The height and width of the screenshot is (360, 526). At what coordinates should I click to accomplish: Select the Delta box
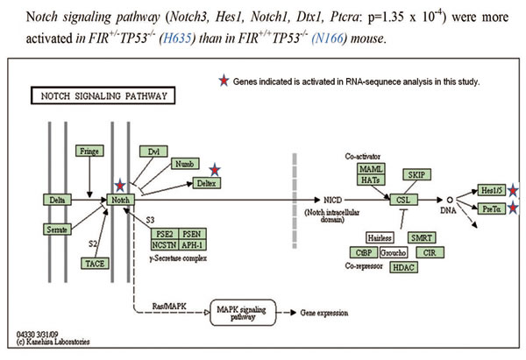(57, 200)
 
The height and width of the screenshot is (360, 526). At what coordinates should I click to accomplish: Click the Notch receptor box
(121, 200)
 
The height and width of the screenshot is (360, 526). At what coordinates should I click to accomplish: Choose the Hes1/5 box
(491, 188)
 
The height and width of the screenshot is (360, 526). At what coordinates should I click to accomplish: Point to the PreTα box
(491, 208)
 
